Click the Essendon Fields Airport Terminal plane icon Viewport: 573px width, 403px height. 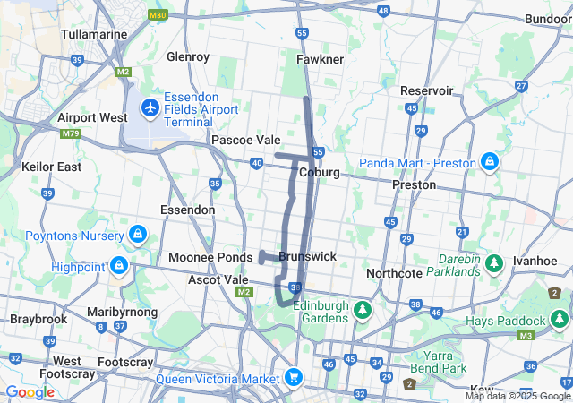tap(150, 108)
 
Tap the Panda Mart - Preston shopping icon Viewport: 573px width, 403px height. tap(489, 162)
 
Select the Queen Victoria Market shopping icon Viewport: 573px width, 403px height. tap(292, 378)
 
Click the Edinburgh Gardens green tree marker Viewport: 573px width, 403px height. tap(362, 311)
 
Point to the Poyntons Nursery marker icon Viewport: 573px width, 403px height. tap(136, 235)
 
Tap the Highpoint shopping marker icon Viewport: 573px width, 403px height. tap(118, 266)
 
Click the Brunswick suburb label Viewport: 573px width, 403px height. tap(307, 256)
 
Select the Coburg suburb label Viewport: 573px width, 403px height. tap(320, 172)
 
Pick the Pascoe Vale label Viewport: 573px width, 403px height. tap(245, 140)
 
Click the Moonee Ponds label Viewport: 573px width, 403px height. tap(210, 257)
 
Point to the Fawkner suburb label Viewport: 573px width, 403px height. tap(320, 59)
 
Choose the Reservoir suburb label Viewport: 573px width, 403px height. tap(426, 90)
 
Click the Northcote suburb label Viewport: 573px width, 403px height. tap(393, 273)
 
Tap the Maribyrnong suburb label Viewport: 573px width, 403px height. tap(122, 312)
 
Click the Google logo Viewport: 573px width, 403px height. tap(30, 391)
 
